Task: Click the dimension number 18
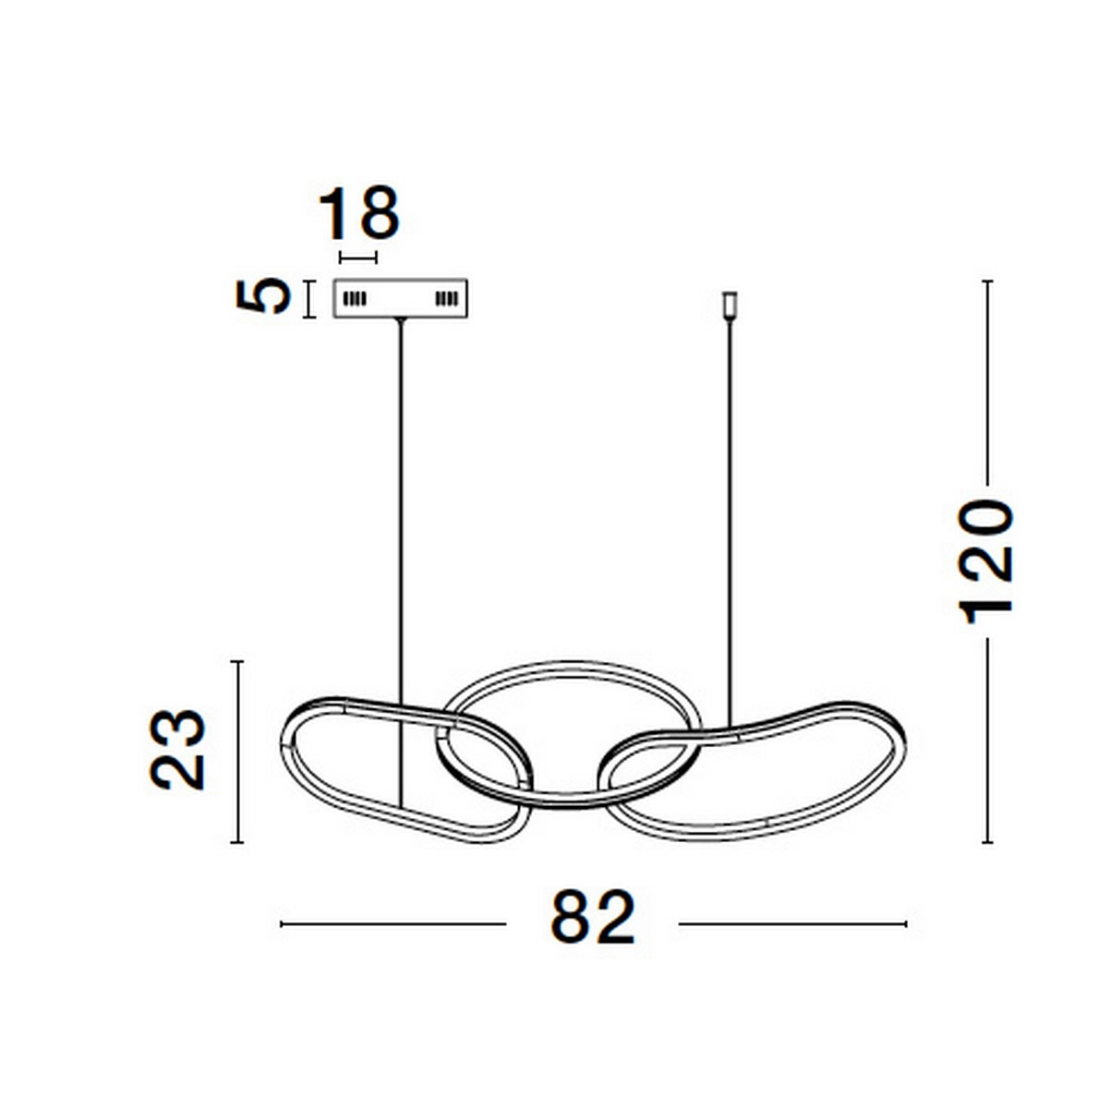[359, 213]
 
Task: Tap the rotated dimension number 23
[176, 751]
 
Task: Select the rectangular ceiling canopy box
[401, 298]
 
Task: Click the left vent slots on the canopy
[355, 299]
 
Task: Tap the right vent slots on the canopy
[446, 299]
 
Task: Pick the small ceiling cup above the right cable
[730, 306]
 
